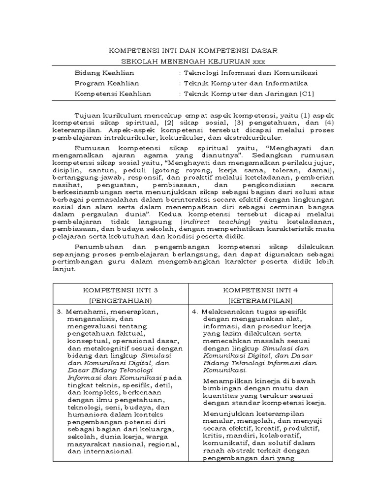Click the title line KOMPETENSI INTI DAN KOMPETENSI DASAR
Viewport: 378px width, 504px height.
click(192, 50)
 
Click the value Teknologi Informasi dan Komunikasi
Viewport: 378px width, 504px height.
click(251, 72)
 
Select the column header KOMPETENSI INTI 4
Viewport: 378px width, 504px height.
click(259, 291)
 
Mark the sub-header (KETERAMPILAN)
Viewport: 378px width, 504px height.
click(259, 300)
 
